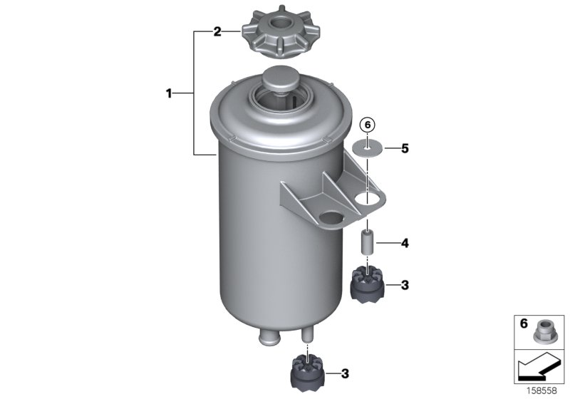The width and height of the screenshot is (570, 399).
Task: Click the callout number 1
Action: (x=169, y=93)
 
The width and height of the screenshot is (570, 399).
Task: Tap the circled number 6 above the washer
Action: (x=368, y=125)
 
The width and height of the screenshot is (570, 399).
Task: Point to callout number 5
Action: (x=405, y=149)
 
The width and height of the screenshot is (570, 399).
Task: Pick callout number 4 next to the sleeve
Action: (x=405, y=244)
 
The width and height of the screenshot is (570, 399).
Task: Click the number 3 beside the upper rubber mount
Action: (x=405, y=286)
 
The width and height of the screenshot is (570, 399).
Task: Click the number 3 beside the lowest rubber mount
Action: (x=346, y=373)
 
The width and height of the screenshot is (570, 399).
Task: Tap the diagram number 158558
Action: (x=544, y=391)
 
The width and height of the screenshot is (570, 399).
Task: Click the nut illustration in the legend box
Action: (x=546, y=331)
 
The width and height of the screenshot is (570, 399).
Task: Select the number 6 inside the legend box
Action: (x=523, y=324)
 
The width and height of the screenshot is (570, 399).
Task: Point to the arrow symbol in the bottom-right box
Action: (x=539, y=368)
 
